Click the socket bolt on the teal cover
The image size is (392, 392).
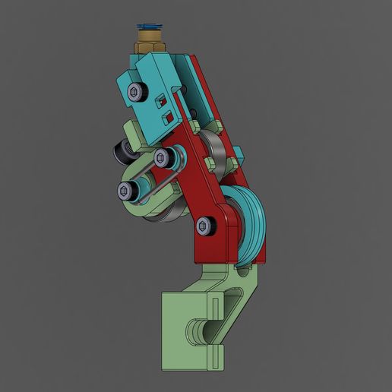tap(136, 93)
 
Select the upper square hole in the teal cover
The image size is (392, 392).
tap(160, 100)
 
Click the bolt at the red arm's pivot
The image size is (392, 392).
tap(204, 226)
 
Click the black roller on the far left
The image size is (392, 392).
tap(119, 153)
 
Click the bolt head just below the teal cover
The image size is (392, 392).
tap(162, 158)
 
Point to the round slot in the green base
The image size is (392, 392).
tap(200, 331)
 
